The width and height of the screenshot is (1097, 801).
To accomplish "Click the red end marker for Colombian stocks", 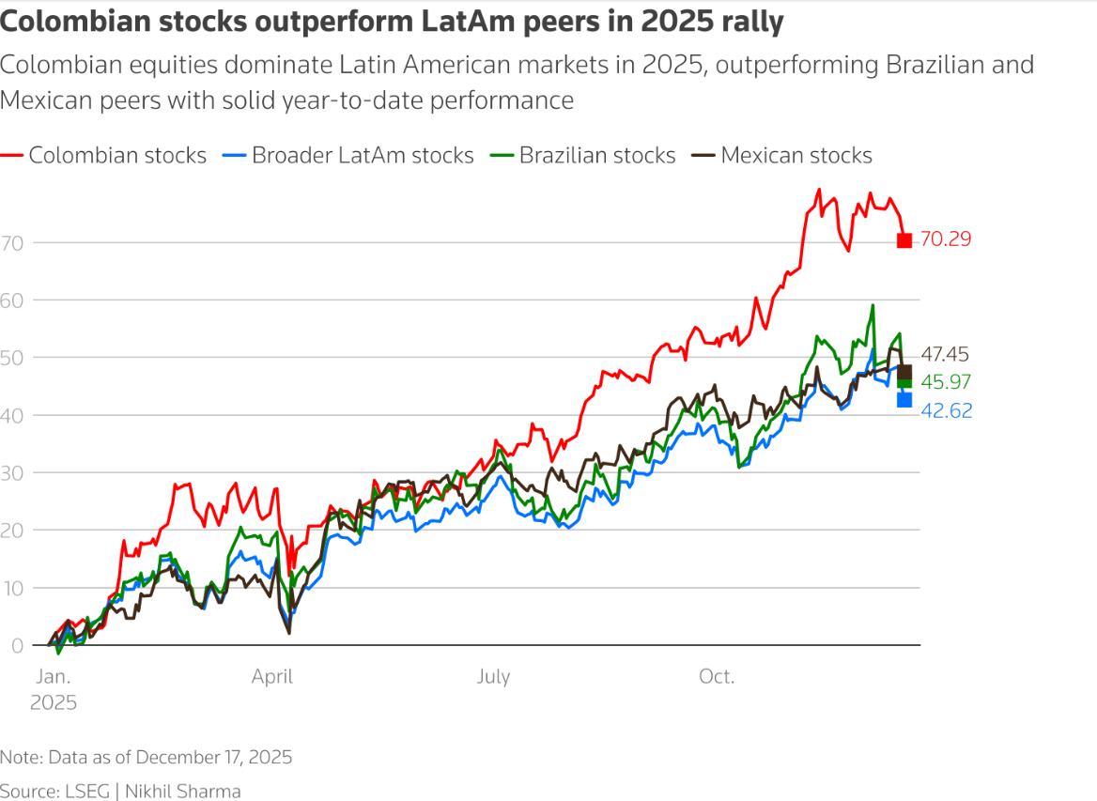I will pos(904,240).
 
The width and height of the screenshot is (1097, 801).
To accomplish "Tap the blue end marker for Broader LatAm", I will pos(904,400).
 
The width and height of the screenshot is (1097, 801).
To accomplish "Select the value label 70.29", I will pos(945,239).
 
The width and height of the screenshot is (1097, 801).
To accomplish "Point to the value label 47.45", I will pos(945,355).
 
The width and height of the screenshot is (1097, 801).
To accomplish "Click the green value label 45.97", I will pos(945,382).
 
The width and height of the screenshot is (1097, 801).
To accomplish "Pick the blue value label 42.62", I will pos(945,411).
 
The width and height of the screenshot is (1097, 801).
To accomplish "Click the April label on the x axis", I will pos(272,677).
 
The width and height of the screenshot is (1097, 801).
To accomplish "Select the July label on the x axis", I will pos(493,677).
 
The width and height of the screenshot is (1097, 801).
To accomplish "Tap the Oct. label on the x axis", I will pos(717,677).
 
